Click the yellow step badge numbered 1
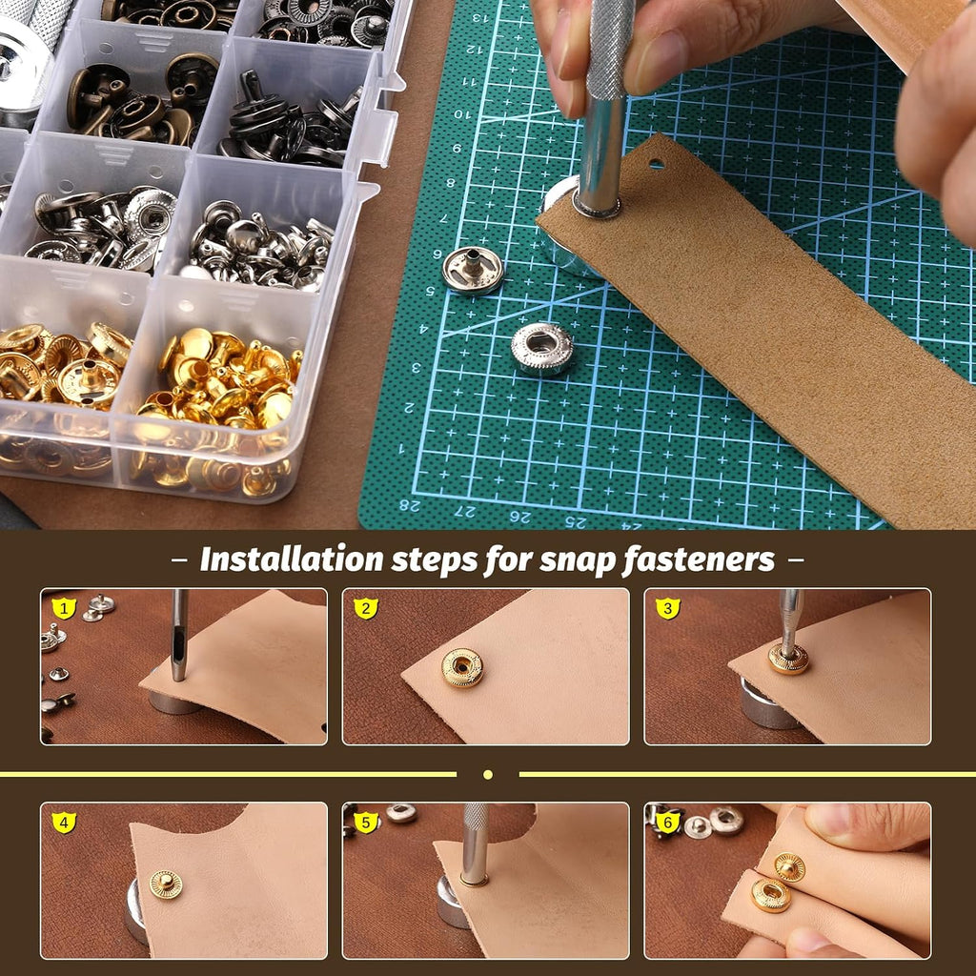pos(64,608)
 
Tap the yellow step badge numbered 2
pos(366,608)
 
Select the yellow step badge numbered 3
pos(668,608)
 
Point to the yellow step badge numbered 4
pos(64,823)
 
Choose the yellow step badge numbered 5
pos(366,823)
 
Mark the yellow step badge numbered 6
pos(668,823)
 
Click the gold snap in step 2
pos(462,668)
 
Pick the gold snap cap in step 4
pos(166,884)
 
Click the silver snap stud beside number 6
pos(473,270)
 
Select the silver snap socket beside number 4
pos(542,349)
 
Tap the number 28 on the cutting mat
pos(409,505)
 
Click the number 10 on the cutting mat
pos(462,114)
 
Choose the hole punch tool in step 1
pos(179,635)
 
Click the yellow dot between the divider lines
pos(488,774)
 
